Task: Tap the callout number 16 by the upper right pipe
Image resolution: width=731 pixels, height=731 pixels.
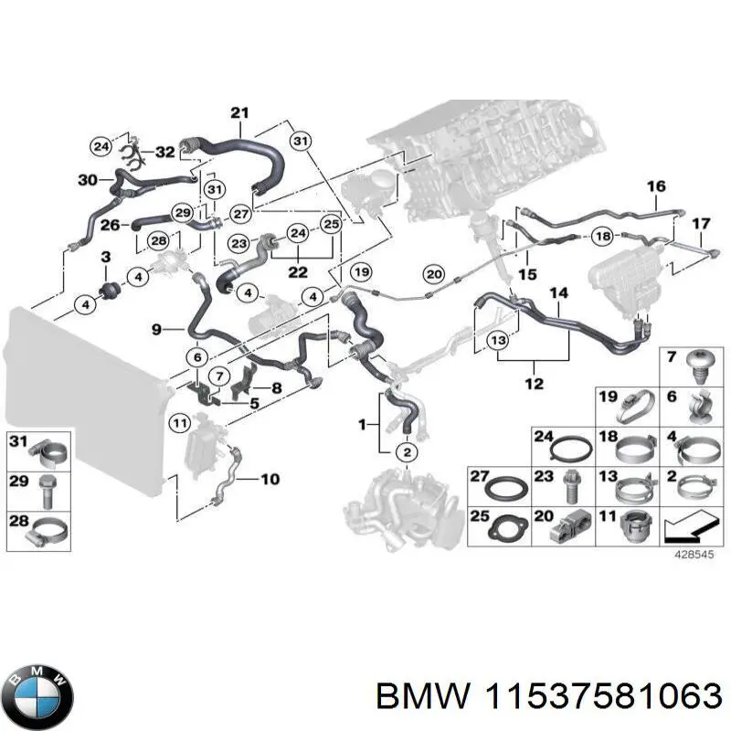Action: coord(656,186)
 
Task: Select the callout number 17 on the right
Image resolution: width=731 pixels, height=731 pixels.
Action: coord(700,223)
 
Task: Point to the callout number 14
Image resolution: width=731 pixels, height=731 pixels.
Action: coord(559,293)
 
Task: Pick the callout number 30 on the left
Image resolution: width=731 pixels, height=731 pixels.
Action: coord(88,180)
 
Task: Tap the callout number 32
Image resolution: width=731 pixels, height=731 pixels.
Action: coord(164,152)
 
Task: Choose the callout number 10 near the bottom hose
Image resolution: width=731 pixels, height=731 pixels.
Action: coord(270,479)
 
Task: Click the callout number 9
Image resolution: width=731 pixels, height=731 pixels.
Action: coord(156,328)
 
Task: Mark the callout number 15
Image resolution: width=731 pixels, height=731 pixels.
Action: coord(527,274)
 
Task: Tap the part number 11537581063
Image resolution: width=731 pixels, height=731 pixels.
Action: coord(602,696)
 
